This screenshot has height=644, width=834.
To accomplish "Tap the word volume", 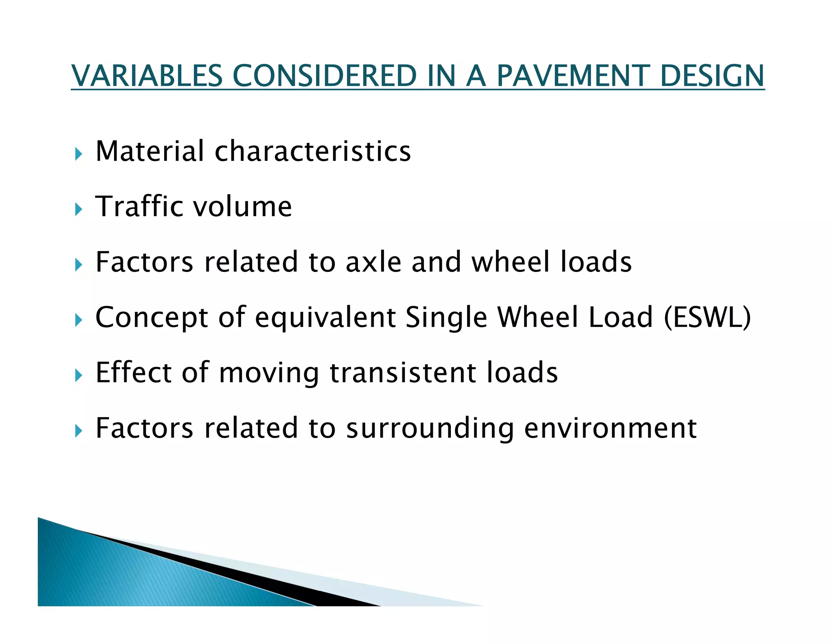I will coord(243,206).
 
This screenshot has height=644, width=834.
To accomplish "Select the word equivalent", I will coord(325,318).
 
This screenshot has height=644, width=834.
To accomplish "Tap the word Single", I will coord(446,318).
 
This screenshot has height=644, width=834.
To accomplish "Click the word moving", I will coord(269,373).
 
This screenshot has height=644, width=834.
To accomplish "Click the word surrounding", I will coord(430,429).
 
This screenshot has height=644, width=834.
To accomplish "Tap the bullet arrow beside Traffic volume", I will coord(79,210).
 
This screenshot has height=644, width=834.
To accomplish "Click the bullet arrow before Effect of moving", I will coord(79,376).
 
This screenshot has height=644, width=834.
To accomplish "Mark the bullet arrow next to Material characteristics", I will coord(79,154).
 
